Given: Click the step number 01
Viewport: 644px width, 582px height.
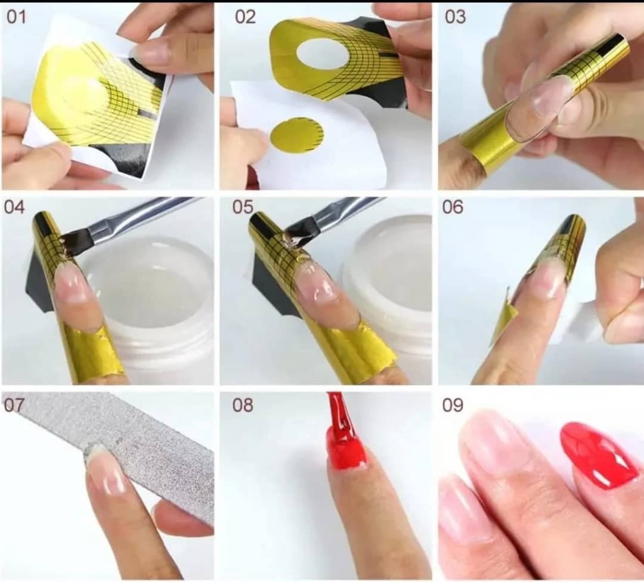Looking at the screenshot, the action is (17, 17).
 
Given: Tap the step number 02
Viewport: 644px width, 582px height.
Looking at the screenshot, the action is (246, 17).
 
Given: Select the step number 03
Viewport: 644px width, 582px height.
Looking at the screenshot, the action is (456, 17).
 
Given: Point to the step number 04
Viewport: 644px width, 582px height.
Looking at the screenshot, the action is (14, 207).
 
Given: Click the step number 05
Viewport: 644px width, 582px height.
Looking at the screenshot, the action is (243, 207).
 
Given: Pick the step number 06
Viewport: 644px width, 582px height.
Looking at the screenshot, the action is (453, 207).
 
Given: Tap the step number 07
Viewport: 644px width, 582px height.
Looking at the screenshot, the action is (14, 405).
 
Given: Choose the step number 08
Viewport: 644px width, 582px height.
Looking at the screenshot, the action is (243, 405).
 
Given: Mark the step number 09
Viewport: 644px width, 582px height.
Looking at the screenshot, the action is (453, 405).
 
